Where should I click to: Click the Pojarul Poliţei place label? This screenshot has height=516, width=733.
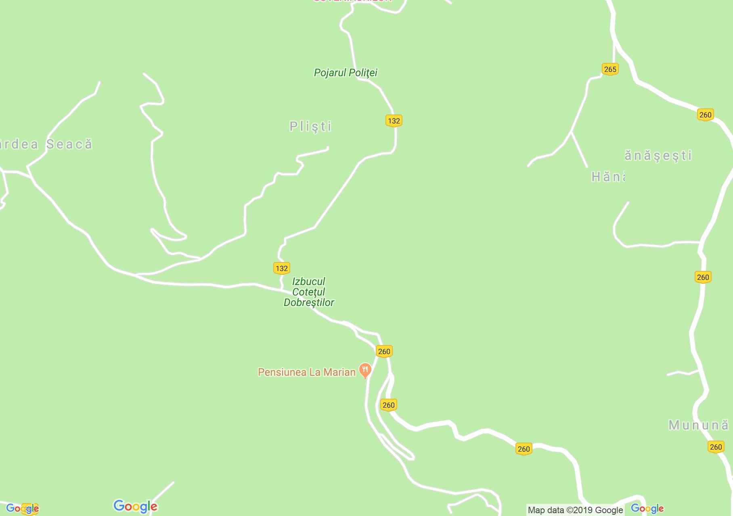click(x=346, y=73)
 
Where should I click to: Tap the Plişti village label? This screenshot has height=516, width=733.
click(x=310, y=127)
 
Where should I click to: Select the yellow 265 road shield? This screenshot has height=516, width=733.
click(x=610, y=69)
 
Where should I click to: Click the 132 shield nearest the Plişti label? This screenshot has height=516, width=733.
click(x=394, y=121)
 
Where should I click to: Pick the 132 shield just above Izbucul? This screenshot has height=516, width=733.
click(x=281, y=268)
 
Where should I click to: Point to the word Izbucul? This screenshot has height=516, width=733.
click(x=309, y=281)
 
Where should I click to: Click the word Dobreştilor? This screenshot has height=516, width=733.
click(x=309, y=302)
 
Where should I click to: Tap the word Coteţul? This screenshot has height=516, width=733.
click(x=309, y=292)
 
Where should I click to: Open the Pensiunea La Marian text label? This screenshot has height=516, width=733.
click(x=306, y=372)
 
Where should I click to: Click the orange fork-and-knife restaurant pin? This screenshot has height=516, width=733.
click(x=365, y=370)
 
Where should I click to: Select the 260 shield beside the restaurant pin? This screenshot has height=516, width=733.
click(x=384, y=352)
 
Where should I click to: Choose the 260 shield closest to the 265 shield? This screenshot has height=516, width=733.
click(x=705, y=115)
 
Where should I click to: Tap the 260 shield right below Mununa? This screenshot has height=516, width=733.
click(x=716, y=447)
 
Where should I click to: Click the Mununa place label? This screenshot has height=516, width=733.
click(x=698, y=425)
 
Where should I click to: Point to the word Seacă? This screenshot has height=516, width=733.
click(x=69, y=144)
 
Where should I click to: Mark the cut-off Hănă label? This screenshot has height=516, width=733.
click(x=608, y=177)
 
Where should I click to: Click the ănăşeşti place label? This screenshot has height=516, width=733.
click(x=658, y=155)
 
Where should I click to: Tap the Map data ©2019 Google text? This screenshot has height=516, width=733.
click(x=575, y=510)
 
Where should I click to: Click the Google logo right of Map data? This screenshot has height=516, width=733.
click(x=647, y=508)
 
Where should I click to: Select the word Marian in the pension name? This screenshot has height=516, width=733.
click(x=339, y=372)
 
